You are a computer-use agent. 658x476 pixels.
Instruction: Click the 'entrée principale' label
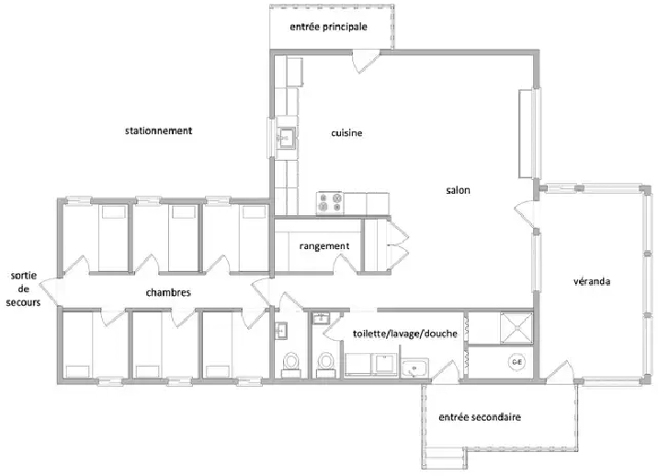click(x=328, y=28)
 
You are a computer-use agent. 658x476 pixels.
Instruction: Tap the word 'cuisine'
click(x=346, y=133)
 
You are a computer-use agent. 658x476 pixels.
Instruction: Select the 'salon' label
click(x=458, y=190)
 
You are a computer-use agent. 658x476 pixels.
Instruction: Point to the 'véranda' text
click(x=593, y=281)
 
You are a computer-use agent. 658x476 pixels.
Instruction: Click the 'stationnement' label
click(x=159, y=131)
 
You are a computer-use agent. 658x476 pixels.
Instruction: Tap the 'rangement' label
click(x=324, y=245)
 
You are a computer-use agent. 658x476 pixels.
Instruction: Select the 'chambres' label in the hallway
click(x=168, y=293)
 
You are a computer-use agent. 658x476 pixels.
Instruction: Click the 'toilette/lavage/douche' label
click(x=405, y=334)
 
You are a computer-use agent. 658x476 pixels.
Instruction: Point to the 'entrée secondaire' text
click(x=481, y=417)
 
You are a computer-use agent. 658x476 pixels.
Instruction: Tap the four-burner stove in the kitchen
click(x=329, y=203)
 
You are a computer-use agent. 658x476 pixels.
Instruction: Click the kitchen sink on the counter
click(x=286, y=138)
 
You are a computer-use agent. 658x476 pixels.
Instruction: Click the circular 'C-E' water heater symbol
click(x=515, y=362)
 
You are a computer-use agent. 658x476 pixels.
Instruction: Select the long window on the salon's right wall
click(x=526, y=132)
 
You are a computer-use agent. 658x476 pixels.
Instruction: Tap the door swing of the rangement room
click(x=350, y=262)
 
